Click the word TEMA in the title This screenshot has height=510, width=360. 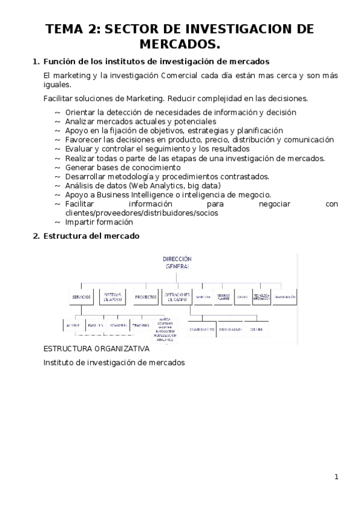(64, 30)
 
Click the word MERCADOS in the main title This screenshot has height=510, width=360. (180, 45)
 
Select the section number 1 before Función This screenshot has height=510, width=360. (34, 62)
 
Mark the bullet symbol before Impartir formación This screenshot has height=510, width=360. (57, 223)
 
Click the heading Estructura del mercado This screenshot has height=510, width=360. (91, 236)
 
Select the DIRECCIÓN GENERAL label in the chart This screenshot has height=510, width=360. (177, 262)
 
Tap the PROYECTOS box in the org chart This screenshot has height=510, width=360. (145, 298)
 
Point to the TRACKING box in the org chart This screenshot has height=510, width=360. (141, 325)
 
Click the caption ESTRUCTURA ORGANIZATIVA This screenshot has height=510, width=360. (97, 349)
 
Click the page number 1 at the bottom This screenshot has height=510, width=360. (337, 477)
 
